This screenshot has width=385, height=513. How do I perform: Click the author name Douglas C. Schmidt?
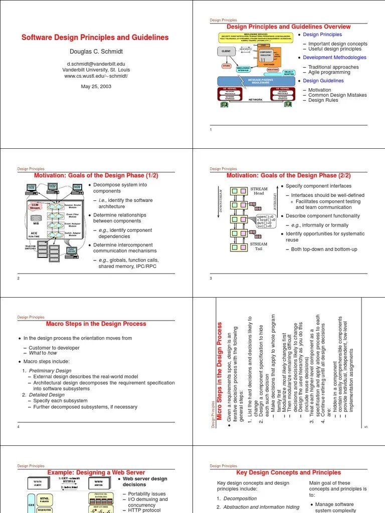pos(94,52)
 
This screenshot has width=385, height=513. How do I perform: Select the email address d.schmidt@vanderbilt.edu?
pos(94,64)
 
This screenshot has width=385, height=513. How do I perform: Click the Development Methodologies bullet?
pos(334,58)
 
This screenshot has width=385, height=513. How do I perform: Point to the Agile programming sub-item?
pos(330,72)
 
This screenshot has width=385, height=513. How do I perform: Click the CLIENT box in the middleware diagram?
pos(226,51)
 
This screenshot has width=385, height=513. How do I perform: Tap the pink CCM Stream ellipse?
pos(35,206)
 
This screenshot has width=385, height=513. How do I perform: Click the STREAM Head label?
pos(259,191)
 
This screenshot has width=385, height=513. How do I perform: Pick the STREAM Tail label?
pos(259,246)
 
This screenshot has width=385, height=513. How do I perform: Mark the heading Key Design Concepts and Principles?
pos(288,472)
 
